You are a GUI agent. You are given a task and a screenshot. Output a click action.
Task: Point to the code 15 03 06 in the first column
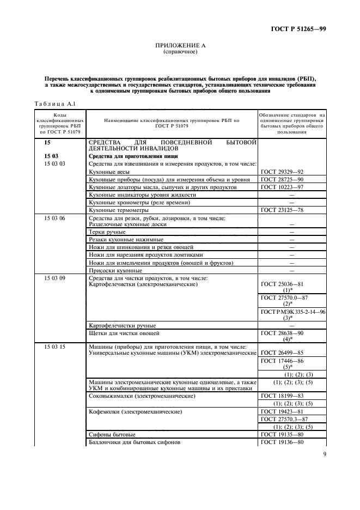54,217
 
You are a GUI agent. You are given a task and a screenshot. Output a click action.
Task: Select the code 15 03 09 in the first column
54,278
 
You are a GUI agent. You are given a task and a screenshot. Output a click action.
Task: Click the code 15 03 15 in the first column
54,347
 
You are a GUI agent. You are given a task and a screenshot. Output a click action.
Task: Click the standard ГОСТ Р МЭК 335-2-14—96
292,311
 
